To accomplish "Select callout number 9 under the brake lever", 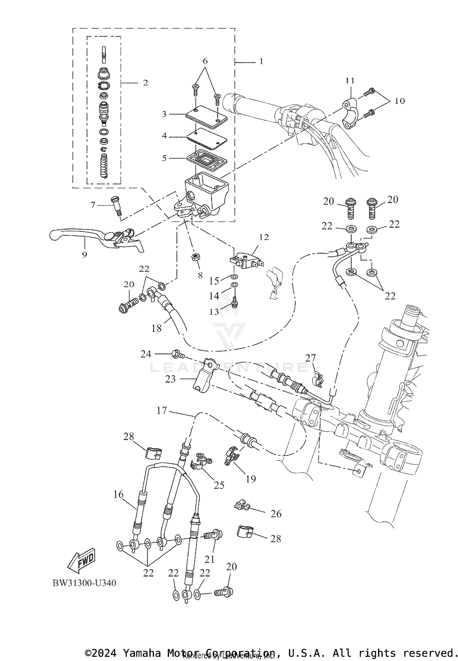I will point(85,254).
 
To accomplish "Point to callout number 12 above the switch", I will point(264,237).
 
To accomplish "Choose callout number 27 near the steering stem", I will point(310,358).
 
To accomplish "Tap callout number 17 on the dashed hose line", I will point(162,411).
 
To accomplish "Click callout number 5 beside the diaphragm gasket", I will point(164,158).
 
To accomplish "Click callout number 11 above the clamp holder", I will point(350,81).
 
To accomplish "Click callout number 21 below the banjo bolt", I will point(209,559).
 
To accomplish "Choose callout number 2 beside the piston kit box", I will point(145,83).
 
